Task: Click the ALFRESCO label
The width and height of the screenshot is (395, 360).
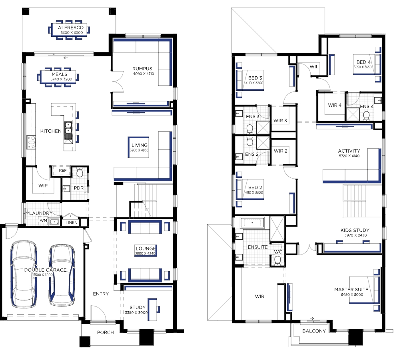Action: pos(70,28)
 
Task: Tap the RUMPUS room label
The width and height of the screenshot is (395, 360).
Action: pos(142,68)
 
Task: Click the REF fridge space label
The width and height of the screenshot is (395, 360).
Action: pos(63,171)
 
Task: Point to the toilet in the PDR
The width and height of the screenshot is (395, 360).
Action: pos(80,172)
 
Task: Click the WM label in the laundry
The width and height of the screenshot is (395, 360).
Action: pos(43,221)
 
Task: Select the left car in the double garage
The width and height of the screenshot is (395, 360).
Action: pos(24,274)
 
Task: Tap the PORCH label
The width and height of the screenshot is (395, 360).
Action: pos(105,332)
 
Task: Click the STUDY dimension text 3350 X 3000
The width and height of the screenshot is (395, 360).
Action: pos(136,312)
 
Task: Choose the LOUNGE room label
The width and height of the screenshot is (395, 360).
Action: pos(146,248)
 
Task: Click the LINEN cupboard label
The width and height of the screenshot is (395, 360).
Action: pos(72,223)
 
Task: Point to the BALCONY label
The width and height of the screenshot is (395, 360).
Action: pos(314,331)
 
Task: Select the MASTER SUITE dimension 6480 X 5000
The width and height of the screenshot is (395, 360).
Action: pos(352,294)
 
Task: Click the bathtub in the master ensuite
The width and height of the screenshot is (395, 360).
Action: pos(252,223)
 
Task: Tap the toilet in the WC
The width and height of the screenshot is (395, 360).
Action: pos(277,260)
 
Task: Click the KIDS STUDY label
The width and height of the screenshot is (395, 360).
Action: pos(355,230)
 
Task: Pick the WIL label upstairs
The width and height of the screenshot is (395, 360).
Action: pos(314,67)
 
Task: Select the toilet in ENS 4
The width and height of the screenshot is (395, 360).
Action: pos(366,116)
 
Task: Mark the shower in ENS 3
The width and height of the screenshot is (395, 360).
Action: pos(263,127)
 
